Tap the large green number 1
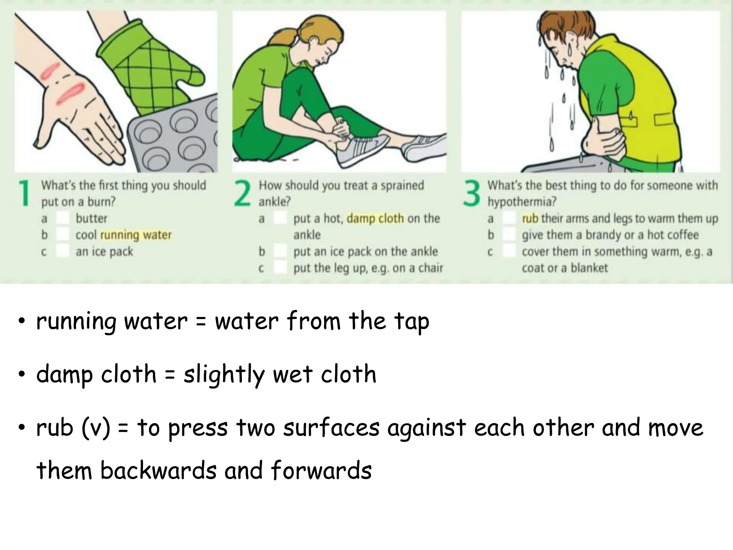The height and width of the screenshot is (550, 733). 24,194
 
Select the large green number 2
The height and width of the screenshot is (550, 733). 242,194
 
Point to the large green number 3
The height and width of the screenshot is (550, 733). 471,194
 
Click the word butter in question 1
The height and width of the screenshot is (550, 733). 91,218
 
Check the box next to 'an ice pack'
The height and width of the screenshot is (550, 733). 63,251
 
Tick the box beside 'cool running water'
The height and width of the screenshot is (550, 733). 63,235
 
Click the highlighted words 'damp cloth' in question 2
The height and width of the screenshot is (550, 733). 375,218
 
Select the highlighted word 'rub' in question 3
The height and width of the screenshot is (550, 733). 530,218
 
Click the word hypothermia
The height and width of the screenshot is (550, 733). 522,202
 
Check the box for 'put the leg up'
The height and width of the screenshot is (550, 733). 280,268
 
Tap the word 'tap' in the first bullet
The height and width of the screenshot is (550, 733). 412,321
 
